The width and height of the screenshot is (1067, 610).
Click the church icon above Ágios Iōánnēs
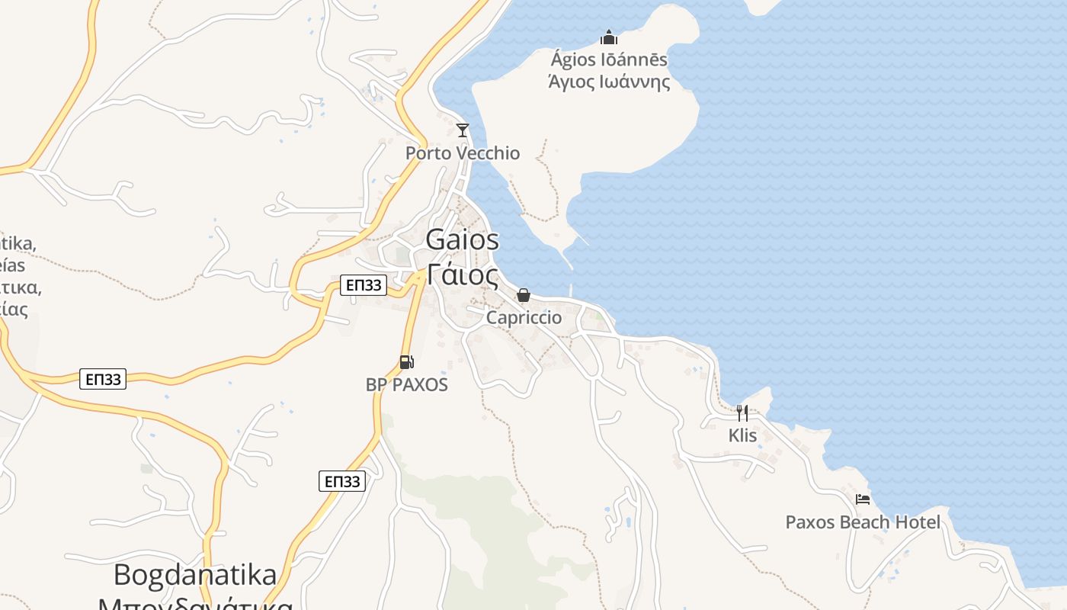coord(608,37)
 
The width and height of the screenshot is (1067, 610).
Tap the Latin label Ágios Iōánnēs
coord(609,59)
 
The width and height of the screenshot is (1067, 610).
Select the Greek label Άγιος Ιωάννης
coord(609,82)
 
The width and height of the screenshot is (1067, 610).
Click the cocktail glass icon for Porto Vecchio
coord(462,130)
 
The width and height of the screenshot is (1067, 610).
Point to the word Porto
coord(428,153)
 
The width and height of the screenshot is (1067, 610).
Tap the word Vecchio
coord(488,153)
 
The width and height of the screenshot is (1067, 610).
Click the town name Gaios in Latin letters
coord(463,239)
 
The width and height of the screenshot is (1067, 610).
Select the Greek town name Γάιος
coord(463,274)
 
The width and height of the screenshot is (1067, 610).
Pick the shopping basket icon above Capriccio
coord(524,295)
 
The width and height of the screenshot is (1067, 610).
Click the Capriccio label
coord(524,317)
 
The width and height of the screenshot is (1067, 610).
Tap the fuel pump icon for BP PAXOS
coord(407,362)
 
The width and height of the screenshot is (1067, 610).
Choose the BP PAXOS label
coord(407,384)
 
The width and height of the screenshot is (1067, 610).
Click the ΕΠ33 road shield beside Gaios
coord(364,285)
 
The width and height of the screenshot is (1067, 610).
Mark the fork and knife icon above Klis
coord(742,413)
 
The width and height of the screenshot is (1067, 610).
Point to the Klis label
coord(742,435)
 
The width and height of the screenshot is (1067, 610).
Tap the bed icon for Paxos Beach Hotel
coord(863,499)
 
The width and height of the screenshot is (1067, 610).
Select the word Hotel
coord(917,522)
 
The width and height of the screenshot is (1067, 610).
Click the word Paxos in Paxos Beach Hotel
coord(809,522)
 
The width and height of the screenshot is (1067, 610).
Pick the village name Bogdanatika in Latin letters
coord(195,574)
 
